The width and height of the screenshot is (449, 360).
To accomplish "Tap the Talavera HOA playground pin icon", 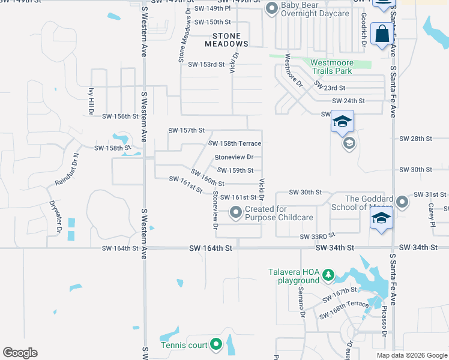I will pyautogui.click(x=328, y=275).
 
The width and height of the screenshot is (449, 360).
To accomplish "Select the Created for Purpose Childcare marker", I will pyautogui.click(x=236, y=212).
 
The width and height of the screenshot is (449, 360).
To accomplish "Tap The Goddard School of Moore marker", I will pyautogui.click(x=402, y=203).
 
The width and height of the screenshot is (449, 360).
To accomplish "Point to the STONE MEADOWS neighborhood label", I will pyautogui.click(x=226, y=40).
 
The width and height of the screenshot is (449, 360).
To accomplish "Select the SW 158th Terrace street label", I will pyautogui.click(x=235, y=143).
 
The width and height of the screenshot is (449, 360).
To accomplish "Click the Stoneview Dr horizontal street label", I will pyautogui.click(x=234, y=157).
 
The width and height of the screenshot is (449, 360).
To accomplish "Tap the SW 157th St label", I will pyautogui.click(x=187, y=130).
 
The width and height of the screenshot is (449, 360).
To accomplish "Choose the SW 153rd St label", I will pyautogui.click(x=206, y=64).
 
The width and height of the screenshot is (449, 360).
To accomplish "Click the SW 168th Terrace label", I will pyautogui.click(x=344, y=308).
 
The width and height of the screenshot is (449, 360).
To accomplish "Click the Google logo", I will pyautogui.click(x=20, y=353).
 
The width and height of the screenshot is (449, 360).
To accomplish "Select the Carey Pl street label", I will pyautogui.click(x=431, y=214).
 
